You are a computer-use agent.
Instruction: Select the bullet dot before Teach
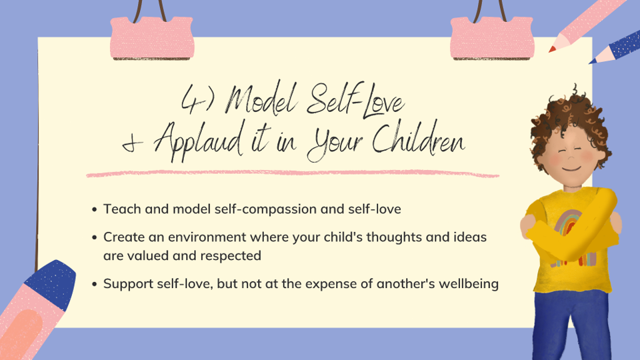94,209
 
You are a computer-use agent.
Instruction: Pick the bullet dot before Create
94,237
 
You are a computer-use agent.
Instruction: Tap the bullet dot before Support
94,284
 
